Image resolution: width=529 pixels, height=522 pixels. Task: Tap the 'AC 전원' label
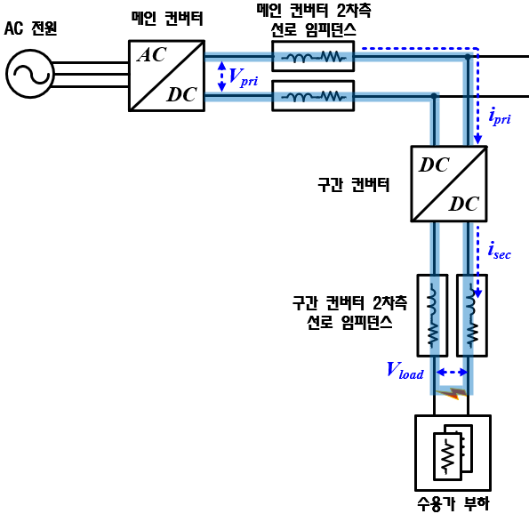pyautogui.click(x=30, y=28)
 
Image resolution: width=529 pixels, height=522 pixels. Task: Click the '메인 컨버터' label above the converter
pyautogui.click(x=167, y=18)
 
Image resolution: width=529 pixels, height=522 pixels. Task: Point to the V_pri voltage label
pyautogui.click(x=243, y=76)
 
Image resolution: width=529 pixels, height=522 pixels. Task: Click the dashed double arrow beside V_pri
pyautogui.click(x=221, y=76)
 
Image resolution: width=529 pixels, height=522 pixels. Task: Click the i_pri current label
pyautogui.click(x=500, y=116)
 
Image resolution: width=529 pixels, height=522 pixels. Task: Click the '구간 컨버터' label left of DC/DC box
pyautogui.click(x=353, y=185)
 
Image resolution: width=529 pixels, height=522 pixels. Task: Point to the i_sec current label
pyautogui.click(x=500, y=251)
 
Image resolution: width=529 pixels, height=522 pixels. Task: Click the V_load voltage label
pyautogui.click(x=405, y=370)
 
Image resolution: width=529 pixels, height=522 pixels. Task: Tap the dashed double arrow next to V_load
pyautogui.click(x=452, y=373)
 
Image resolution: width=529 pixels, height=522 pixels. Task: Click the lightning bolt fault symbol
pyautogui.click(x=452, y=393)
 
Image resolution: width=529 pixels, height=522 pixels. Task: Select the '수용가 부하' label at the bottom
pyautogui.click(x=453, y=504)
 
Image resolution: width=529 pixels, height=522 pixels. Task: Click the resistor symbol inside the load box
pyautogui.click(x=448, y=456)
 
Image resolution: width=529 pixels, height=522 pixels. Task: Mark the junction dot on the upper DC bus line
pyautogui.click(x=468, y=57)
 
